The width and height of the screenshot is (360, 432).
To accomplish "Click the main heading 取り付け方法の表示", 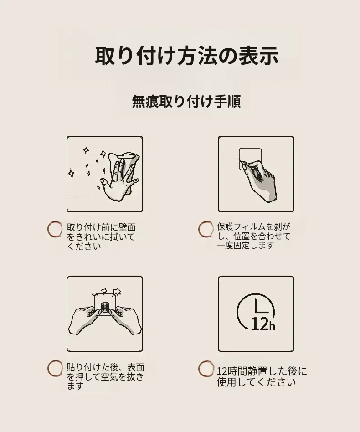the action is (x=186, y=56).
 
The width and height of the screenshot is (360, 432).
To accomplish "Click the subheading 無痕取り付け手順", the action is (x=186, y=101).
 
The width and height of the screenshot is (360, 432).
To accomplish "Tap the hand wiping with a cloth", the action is (x=119, y=177).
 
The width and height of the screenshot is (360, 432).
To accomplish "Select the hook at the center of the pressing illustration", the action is (x=105, y=307).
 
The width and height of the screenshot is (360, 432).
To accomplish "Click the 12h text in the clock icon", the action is (x=263, y=324).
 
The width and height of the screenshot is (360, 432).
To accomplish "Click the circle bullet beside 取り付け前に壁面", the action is (x=55, y=229).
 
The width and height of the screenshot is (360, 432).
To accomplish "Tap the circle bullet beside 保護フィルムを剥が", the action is (x=206, y=229).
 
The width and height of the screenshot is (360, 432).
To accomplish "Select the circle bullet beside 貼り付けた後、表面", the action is (x=55, y=368).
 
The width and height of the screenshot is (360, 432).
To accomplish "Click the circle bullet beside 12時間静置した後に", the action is (x=206, y=369).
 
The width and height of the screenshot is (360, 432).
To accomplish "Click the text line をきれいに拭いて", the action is (x=101, y=237).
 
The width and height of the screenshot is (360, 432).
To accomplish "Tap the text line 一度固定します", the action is (x=246, y=245).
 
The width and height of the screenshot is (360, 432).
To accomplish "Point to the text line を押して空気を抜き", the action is (x=105, y=376).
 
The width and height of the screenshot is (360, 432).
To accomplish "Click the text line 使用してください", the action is (x=256, y=382).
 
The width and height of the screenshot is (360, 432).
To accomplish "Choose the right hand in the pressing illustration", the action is (x=126, y=320).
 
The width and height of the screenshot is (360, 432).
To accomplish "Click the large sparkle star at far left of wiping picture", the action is (x=71, y=173).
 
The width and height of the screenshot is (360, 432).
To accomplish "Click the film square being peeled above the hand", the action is (x=250, y=158).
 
